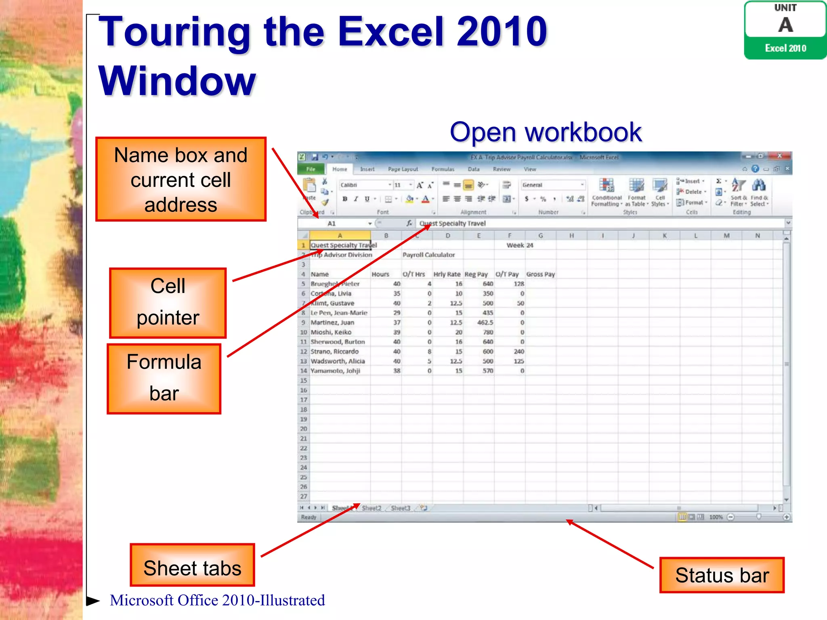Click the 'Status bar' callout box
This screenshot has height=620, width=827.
pos(722,575)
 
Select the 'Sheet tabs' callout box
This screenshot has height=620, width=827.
pos(192,565)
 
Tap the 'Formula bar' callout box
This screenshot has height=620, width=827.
pos(164,379)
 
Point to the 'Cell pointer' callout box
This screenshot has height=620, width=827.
pos(168,303)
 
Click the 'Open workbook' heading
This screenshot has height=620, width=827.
pos(545,132)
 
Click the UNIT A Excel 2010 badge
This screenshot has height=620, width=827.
pos(785,30)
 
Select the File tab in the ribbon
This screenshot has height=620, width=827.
pos(311,169)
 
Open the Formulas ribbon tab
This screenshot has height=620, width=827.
pos(443,169)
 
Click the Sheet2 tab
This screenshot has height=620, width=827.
pos(372,508)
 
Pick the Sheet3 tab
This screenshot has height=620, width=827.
pos(400,508)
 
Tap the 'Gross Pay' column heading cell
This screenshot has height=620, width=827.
pos(540,274)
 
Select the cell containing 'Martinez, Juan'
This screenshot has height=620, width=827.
pos(332,323)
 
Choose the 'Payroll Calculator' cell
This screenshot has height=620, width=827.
pos(428,255)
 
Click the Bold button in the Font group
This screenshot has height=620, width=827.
pos(345,199)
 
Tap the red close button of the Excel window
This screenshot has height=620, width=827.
pos(780,156)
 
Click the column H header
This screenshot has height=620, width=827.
pos(571,236)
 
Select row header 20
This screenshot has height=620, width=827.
pos(304,429)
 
